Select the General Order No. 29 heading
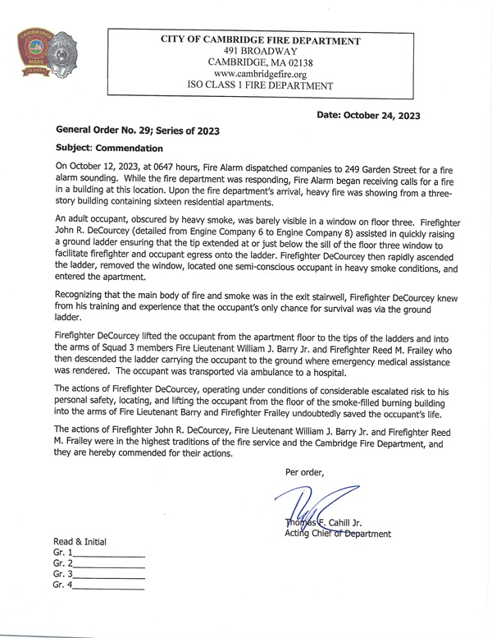coord(137,131)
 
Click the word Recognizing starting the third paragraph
coord(84,295)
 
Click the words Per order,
coord(304,472)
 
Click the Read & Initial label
coord(80,542)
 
